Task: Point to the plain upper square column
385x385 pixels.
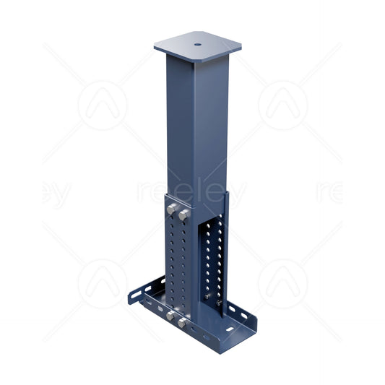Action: point(196,123)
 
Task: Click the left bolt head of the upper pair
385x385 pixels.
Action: point(172,209)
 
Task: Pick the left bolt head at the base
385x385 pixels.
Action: point(170,316)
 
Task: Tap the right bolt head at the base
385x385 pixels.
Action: point(182,322)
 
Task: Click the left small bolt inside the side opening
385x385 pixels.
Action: point(206,295)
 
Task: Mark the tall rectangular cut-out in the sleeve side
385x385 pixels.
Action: point(212,260)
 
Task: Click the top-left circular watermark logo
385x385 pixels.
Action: point(103,105)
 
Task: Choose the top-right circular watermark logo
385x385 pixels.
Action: point(282,105)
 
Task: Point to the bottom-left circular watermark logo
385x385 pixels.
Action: point(103,284)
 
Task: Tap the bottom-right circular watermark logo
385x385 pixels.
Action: point(282,284)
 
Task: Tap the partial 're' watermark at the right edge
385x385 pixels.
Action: point(329,192)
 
